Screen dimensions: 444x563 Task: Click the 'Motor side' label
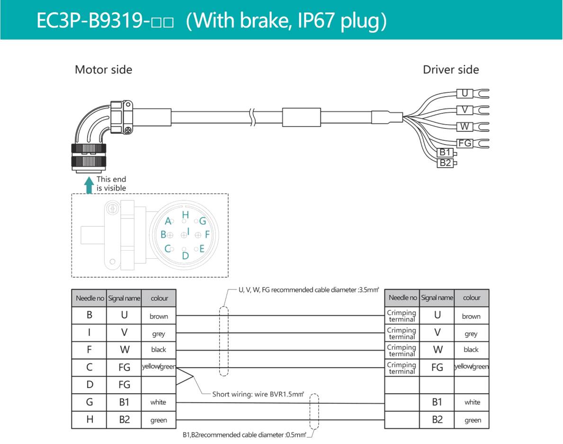click(x=103, y=70)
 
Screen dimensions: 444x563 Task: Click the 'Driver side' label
click(x=450, y=70)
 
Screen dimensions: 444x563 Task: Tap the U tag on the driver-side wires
click(x=465, y=94)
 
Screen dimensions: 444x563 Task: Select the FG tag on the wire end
click(x=465, y=143)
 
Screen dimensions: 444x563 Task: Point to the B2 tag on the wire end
click(x=445, y=163)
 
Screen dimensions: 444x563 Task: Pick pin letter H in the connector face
click(x=186, y=215)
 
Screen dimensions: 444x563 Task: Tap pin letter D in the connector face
click(x=185, y=255)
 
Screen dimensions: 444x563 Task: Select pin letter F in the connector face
click(x=207, y=234)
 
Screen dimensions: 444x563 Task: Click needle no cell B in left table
click(x=89, y=315)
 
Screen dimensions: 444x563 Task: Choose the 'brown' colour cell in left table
click(x=159, y=316)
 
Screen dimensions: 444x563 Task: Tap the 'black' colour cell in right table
click(x=471, y=350)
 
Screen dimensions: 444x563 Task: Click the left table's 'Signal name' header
click(x=124, y=298)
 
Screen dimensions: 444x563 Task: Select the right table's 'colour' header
click(x=471, y=298)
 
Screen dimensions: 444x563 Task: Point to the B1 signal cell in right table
click(x=437, y=402)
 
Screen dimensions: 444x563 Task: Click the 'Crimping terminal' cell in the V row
click(x=402, y=333)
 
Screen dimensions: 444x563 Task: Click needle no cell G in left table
click(x=89, y=402)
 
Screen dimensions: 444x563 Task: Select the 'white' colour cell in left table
click(x=158, y=402)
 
